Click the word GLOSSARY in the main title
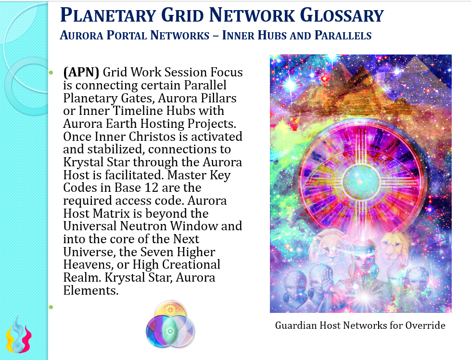[x=342, y=15]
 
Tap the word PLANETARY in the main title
[x=108, y=15]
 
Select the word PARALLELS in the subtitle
[x=343, y=36]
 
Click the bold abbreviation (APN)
[x=81, y=72]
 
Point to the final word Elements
[x=91, y=290]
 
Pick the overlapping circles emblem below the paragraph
[x=170, y=324]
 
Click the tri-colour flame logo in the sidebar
[x=19, y=335]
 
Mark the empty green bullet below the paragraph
[x=51, y=307]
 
